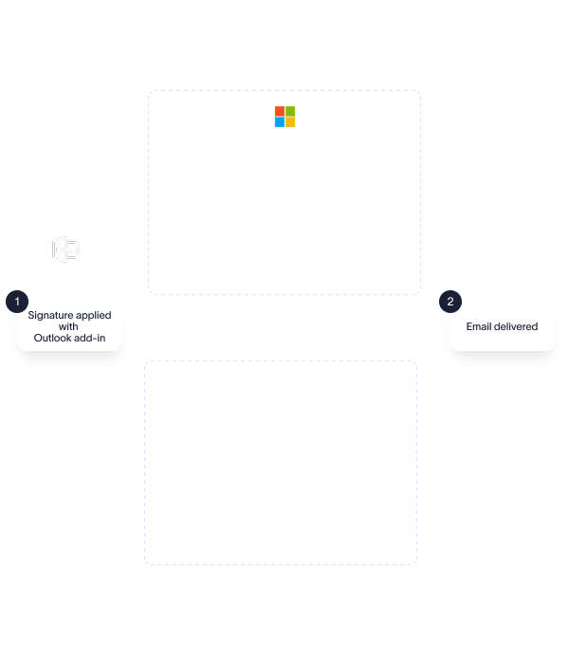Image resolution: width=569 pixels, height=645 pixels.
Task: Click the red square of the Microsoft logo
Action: (x=280, y=111)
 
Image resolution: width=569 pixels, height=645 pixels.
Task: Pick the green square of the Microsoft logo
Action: (x=290, y=111)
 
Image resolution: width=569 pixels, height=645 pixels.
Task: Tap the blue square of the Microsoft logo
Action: (x=280, y=121)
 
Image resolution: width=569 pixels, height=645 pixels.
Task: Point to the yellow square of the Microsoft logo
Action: (x=290, y=121)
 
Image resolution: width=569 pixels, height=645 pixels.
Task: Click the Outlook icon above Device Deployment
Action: (x=65, y=249)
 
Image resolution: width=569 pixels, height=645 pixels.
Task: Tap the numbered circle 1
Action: (x=17, y=302)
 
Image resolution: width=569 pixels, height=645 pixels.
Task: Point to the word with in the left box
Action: (x=69, y=326)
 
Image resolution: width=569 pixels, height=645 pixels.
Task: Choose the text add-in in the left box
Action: (x=90, y=338)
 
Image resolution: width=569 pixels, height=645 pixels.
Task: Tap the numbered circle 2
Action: (x=450, y=302)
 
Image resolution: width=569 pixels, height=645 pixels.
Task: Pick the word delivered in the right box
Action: (x=516, y=326)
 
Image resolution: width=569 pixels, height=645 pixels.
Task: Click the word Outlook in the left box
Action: (x=53, y=338)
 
